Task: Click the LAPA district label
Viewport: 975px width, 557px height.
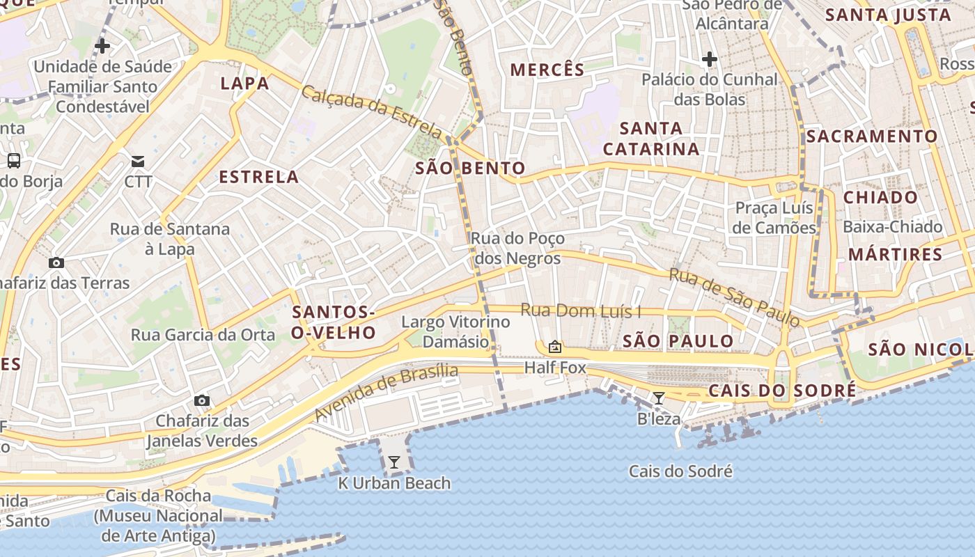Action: tap(244, 84)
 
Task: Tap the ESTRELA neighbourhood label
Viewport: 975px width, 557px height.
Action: tap(259, 177)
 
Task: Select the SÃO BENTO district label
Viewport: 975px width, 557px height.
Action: tap(470, 168)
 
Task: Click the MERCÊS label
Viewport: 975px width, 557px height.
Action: tap(547, 70)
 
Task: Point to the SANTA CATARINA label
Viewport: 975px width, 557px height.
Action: tap(650, 139)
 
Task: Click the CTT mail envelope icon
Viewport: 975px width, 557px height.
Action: tap(138, 162)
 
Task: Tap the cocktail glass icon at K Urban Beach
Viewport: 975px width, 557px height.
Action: tap(394, 462)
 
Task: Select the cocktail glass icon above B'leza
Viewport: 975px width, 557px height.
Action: tap(658, 398)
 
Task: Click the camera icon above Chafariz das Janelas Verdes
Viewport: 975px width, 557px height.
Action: tap(202, 400)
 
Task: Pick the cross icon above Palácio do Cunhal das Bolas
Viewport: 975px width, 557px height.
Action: tap(710, 59)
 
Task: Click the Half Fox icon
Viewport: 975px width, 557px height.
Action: tap(555, 346)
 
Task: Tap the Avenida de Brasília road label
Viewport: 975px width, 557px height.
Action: tap(387, 392)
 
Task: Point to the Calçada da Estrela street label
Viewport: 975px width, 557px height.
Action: tap(372, 111)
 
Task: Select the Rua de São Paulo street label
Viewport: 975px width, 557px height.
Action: tap(735, 297)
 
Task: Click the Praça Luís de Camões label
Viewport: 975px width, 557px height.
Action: tap(775, 218)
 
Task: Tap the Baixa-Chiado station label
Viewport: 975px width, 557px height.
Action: tap(892, 227)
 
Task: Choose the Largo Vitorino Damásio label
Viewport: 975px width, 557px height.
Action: tap(456, 331)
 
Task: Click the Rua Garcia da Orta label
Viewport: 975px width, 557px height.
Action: tap(203, 335)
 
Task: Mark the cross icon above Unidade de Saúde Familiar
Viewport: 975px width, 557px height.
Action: tap(102, 47)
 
